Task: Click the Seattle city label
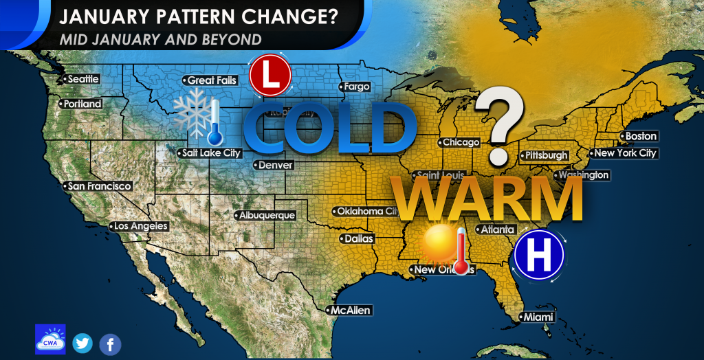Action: tap(83, 79)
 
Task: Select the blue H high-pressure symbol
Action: tap(539, 255)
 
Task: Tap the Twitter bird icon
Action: tap(82, 343)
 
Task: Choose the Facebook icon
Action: tap(110, 344)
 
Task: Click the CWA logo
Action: tap(50, 339)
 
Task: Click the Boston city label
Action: tap(640, 136)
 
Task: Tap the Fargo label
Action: tap(357, 87)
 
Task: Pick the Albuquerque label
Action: tap(267, 215)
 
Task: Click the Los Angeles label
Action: tap(140, 226)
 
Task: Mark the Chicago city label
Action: tap(461, 142)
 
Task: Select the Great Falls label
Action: tap(212, 80)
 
